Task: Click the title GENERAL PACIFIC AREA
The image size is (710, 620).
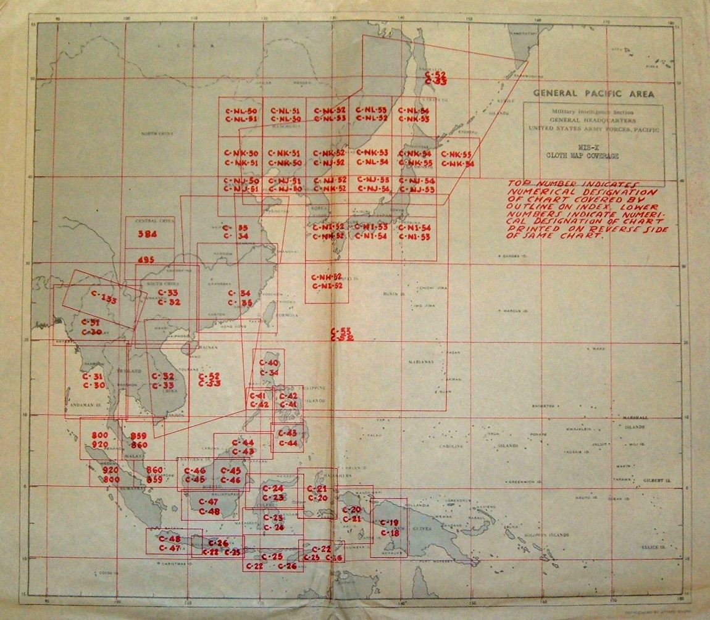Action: click(x=593, y=94)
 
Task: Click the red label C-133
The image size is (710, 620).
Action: click(x=104, y=297)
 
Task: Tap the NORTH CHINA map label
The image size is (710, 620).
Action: click(x=157, y=133)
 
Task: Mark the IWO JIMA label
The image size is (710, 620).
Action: click(x=424, y=305)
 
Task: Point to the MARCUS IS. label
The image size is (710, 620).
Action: click(x=512, y=310)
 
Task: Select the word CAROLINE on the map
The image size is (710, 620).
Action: click(x=451, y=445)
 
